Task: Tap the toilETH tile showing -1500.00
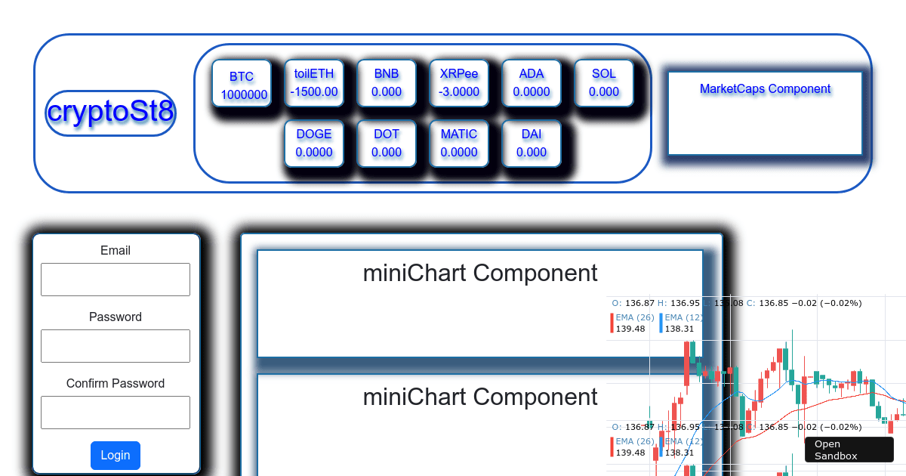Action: pos(314,82)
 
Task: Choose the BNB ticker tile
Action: pos(387,82)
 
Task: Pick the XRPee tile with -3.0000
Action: pos(459,82)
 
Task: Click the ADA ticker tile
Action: pos(532,82)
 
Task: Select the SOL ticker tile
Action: pos(604,82)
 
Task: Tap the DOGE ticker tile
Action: pos(314,143)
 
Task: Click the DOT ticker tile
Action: pos(387,143)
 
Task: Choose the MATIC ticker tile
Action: pos(459,143)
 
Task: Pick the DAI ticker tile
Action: pos(532,143)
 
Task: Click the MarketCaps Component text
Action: pos(765,89)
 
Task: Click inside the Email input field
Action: pos(116,280)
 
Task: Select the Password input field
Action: pos(116,346)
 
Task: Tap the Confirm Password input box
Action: pos(116,413)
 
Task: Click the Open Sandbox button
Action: pos(849,450)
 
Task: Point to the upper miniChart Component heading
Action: pos(480,273)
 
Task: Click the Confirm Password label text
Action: pos(116,383)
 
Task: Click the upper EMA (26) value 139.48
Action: pos(630,329)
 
